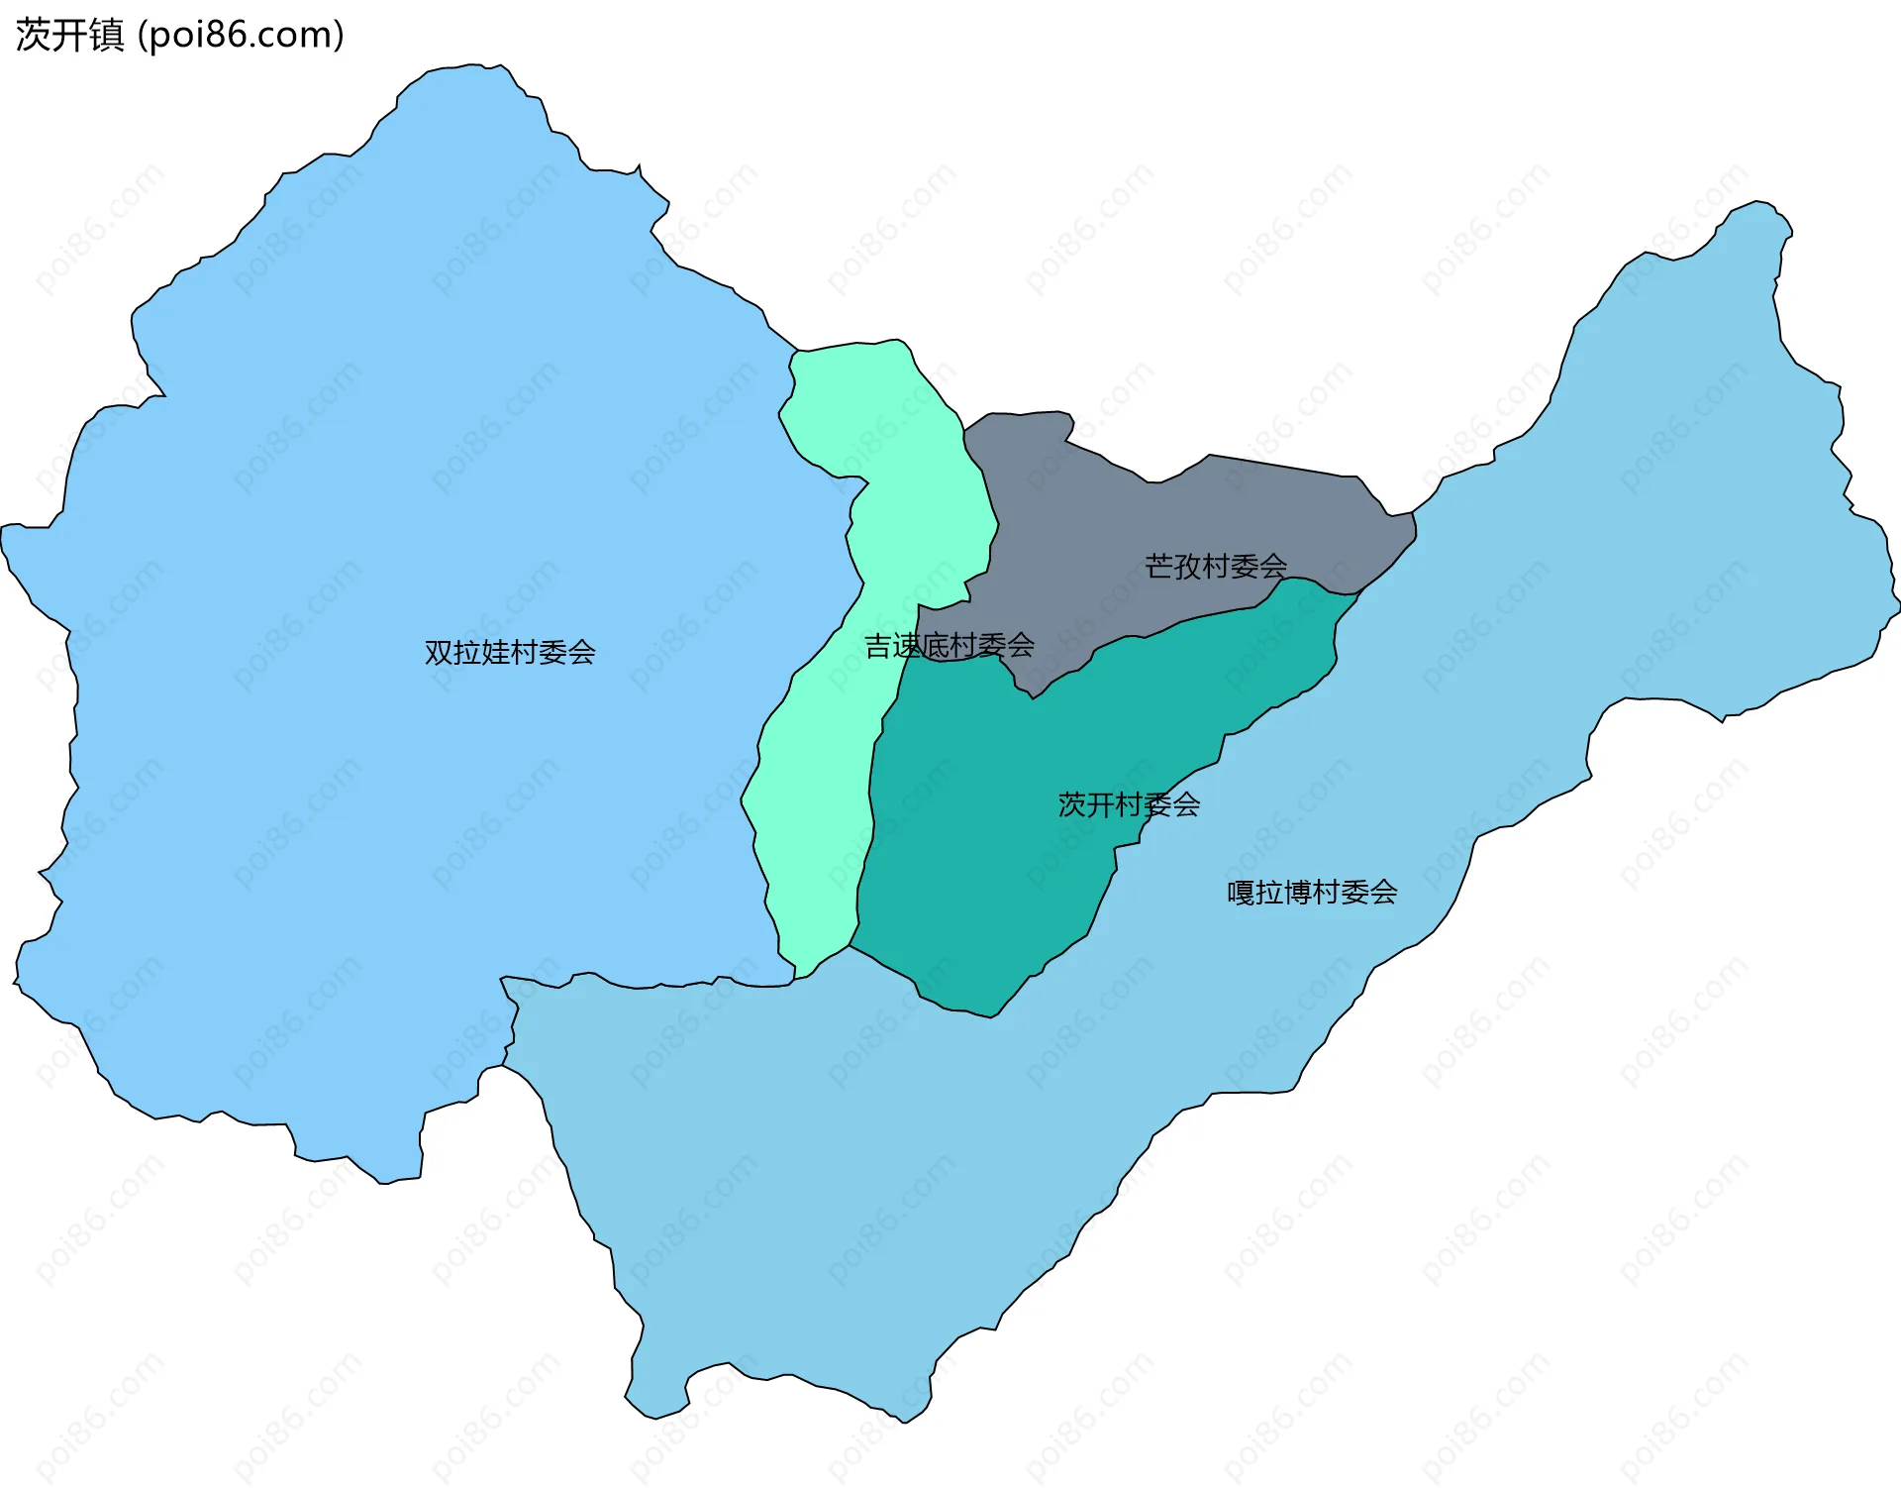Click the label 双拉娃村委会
[510, 652]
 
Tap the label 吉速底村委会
[950, 646]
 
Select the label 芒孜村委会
[1216, 566]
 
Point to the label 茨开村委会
[1129, 804]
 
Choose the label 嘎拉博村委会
[1312, 893]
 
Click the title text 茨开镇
[69, 35]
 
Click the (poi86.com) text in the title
[241, 35]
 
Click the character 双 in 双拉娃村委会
[439, 652]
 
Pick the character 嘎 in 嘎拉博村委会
[1242, 893]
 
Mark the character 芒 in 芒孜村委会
[1159, 566]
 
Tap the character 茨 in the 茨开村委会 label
[1072, 804]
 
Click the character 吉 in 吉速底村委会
[878, 646]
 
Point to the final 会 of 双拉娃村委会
[582, 652]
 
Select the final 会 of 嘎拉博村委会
[1383, 893]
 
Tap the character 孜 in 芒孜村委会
[1188, 566]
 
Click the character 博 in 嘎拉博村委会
[1298, 893]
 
